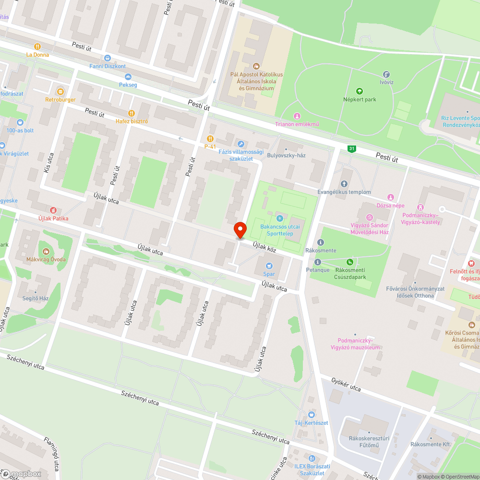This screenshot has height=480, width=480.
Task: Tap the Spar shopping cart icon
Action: [269, 265]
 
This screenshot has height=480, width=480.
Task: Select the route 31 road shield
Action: [352, 149]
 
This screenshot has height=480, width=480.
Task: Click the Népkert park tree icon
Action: [359, 91]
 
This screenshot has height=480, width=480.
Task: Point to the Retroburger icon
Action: [60, 91]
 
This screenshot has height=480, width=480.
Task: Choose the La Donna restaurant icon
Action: [37, 47]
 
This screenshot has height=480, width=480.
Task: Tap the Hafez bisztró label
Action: [132, 121]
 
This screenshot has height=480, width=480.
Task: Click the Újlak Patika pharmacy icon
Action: [53, 210]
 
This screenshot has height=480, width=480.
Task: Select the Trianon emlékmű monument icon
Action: [297, 116]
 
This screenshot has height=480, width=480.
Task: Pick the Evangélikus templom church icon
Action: [344, 184]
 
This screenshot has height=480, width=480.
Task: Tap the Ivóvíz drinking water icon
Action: [386, 74]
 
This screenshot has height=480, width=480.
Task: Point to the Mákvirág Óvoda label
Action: [46, 259]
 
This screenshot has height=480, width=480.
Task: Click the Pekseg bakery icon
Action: [128, 77]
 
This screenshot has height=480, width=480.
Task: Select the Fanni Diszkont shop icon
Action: [107, 58]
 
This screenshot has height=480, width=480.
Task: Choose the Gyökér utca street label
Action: [346, 384]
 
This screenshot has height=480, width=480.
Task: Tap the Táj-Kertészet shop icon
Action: [311, 414]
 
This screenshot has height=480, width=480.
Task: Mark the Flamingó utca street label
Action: [53, 453]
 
